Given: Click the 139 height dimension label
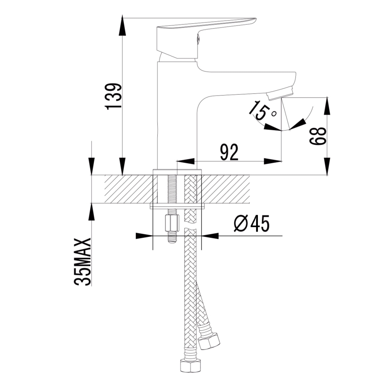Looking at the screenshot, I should (113, 96).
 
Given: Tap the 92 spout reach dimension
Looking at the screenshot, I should (229, 152).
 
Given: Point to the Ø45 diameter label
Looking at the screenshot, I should (252, 224).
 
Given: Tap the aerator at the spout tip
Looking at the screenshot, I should (279, 93).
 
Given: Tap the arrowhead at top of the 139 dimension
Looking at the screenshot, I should (122, 25).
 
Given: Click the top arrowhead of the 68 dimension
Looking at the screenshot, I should (327, 105).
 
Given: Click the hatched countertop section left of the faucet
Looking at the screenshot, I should (129, 189).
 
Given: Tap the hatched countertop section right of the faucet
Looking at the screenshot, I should (226, 189).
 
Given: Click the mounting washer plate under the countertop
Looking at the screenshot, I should (177, 206).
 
